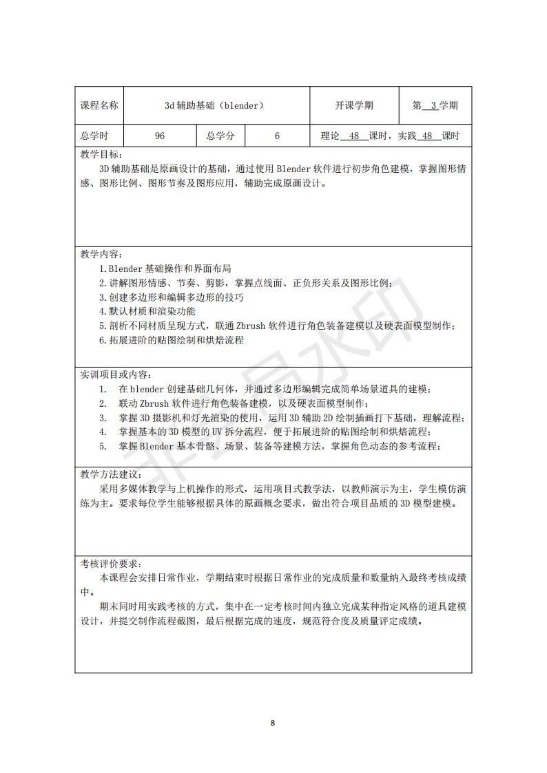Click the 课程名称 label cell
click(99, 106)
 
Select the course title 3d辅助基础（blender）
click(214, 106)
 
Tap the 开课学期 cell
click(354, 106)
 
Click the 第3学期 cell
click(435, 106)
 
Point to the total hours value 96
click(160, 136)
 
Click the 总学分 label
click(220, 136)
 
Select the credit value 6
click(277, 136)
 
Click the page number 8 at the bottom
click(273, 723)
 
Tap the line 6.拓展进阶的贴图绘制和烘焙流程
click(172, 340)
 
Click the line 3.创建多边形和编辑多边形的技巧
click(172, 297)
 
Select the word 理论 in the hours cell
click(331, 136)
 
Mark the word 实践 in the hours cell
click(408, 136)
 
